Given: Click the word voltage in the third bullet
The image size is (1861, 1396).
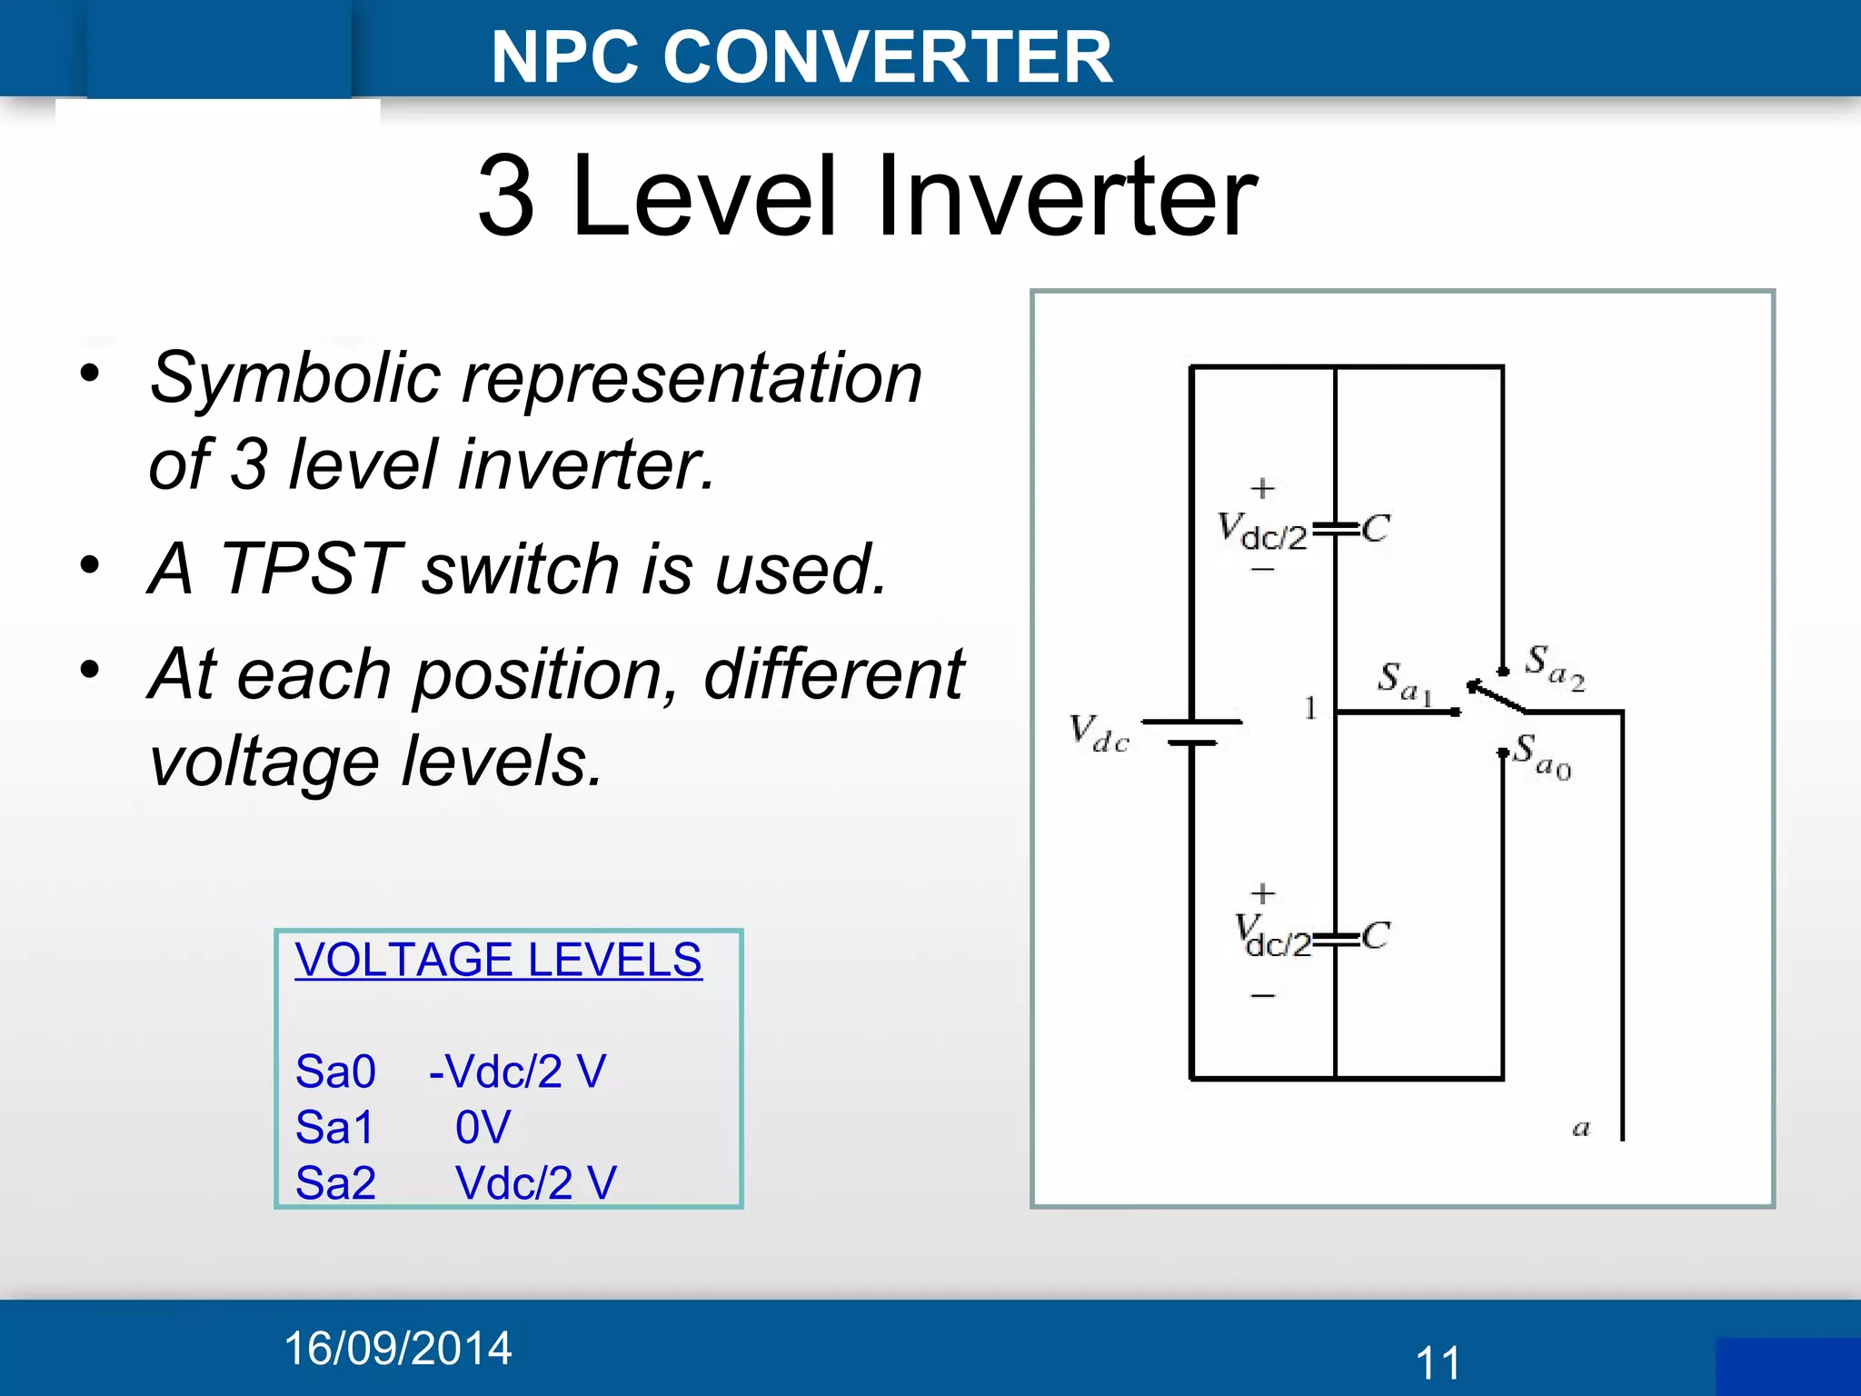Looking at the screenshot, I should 264,762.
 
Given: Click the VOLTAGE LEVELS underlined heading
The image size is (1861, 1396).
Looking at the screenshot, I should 498,960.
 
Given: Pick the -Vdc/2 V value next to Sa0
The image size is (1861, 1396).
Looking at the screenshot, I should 517,1072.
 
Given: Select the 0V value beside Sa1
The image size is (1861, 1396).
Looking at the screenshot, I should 483,1128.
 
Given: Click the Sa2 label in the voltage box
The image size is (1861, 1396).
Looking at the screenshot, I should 335,1183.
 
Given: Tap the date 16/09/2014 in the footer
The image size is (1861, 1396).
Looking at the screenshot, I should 398,1348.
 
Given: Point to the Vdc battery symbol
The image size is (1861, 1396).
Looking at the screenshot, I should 1191,733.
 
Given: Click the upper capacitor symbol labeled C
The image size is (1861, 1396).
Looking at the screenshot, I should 1336,528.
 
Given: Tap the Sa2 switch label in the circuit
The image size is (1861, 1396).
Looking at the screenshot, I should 1555,668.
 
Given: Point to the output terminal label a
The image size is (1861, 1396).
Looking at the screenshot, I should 1581,1129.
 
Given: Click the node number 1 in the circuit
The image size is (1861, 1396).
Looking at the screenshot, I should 1309,707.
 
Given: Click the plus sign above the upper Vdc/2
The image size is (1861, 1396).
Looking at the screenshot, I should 1262,489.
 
